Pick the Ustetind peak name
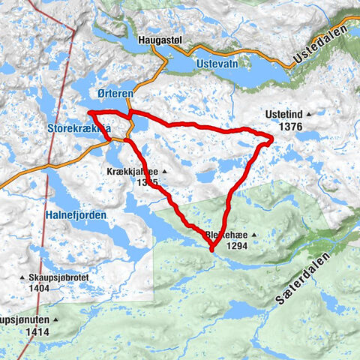tap(285, 115)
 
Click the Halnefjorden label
tap(76, 214)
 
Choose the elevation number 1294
tap(232, 246)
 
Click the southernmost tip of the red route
tap(211, 250)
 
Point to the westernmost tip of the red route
tap(89, 112)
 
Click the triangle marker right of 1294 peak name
tap(253, 235)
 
